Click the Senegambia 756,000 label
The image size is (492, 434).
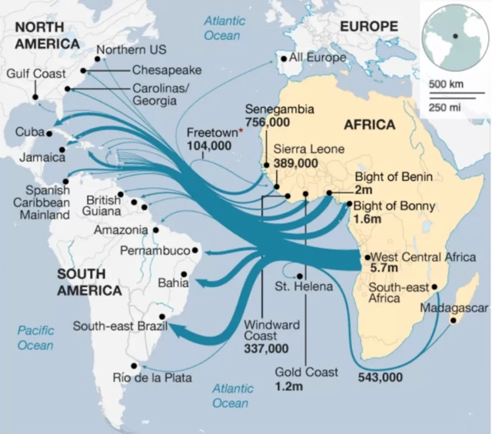coord(278,115)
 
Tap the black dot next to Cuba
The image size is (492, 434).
coord(49,133)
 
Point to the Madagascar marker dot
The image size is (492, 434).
coord(454,320)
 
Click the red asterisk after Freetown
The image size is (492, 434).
coord(240,132)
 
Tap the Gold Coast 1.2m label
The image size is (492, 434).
coord(306,379)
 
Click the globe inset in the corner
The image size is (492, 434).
coord(455,36)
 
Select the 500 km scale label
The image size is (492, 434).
coord(444,83)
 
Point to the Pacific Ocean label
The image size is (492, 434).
coord(35,338)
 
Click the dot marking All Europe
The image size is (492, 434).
coord(283,58)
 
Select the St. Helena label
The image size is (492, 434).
coord(304,287)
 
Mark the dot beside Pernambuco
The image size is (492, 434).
coord(195,250)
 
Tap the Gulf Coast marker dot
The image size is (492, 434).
coord(35,97)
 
